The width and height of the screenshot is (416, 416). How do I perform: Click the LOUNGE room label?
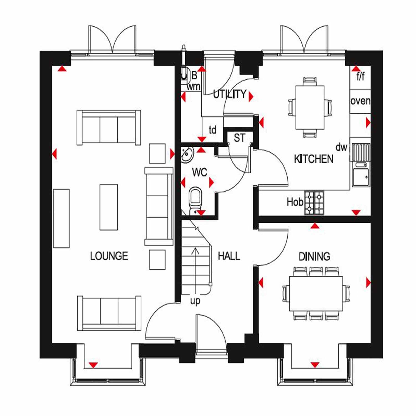click(109, 256)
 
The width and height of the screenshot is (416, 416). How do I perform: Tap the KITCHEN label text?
click(314, 159)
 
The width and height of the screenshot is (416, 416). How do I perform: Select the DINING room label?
click(314, 257)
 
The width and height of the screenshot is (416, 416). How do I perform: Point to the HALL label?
click(229, 256)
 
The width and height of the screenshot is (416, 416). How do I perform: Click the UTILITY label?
click(230, 94)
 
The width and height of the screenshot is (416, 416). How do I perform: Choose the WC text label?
click(200, 172)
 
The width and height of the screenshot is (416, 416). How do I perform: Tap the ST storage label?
click(240, 138)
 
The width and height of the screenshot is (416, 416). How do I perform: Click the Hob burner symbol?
click(314, 203)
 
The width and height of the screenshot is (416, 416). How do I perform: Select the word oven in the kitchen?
click(360, 101)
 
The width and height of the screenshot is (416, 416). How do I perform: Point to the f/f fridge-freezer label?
click(360, 76)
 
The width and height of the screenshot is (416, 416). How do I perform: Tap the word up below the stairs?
click(195, 301)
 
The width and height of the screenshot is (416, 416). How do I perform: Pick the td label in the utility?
click(212, 129)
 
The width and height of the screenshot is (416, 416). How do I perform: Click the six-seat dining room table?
click(316, 294)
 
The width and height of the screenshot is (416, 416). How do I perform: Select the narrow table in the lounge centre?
click(109, 207)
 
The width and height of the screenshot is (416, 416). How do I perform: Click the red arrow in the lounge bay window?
click(93, 365)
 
